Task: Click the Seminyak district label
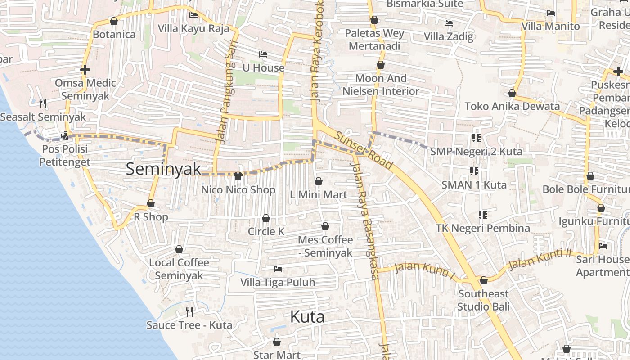click(x=163, y=169)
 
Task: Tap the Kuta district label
click(x=307, y=317)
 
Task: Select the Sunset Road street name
click(x=364, y=150)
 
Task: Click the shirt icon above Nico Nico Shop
click(x=238, y=176)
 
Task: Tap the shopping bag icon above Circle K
click(x=266, y=218)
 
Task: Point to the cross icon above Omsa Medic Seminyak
click(x=85, y=70)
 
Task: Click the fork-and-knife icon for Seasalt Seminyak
click(x=43, y=103)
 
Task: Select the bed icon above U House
click(x=263, y=54)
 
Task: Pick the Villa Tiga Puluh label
click(x=278, y=283)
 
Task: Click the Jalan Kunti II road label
click(x=539, y=259)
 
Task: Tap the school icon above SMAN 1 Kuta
click(x=474, y=171)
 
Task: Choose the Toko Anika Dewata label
click(x=512, y=106)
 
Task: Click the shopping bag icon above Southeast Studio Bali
click(x=484, y=281)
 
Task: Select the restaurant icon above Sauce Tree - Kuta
click(x=189, y=311)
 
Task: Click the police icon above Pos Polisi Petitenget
click(x=65, y=135)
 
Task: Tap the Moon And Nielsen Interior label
click(x=381, y=85)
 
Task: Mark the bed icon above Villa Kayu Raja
click(x=193, y=15)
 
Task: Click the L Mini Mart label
click(x=319, y=194)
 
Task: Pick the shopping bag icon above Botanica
click(x=114, y=21)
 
